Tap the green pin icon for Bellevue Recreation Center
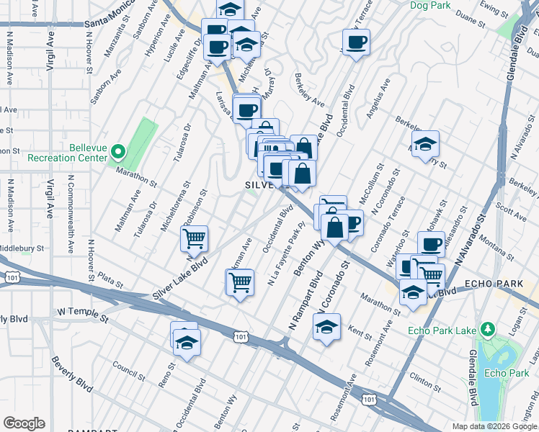pyautogui.click(x=120, y=151)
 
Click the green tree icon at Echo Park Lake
pyautogui.click(x=488, y=329)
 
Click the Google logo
pyautogui.click(x=24, y=423)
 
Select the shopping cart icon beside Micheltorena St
pyautogui.click(x=195, y=238)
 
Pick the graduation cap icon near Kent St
pyautogui.click(x=326, y=328)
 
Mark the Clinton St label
pyautogui.click(x=425, y=376)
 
